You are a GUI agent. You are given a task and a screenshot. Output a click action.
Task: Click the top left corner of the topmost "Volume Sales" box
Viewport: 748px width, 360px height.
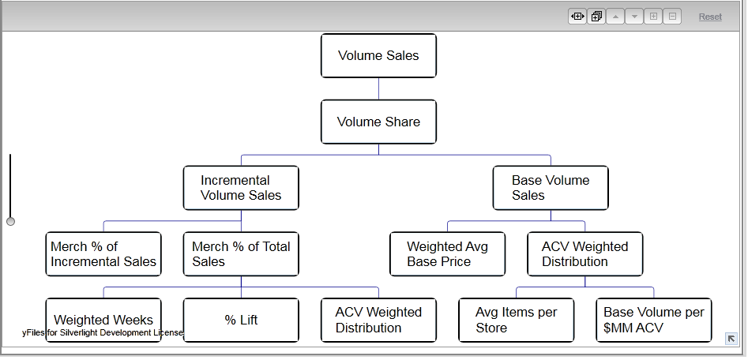[321, 34]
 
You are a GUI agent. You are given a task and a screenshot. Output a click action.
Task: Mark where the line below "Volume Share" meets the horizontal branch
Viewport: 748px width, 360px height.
[379, 155]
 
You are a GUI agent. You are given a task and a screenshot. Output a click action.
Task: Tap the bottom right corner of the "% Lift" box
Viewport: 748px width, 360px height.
[299, 341]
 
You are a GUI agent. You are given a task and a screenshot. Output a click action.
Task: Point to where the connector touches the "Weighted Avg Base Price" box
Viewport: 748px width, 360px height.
[448, 232]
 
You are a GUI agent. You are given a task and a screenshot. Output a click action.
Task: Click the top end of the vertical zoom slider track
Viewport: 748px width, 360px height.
[10, 154]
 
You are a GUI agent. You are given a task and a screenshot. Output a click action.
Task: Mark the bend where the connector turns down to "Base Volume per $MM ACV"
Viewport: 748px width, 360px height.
[653, 287]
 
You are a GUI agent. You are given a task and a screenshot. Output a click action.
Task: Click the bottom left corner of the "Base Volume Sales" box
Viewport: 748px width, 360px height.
[493, 209]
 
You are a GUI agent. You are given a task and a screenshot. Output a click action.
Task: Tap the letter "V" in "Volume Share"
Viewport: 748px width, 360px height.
[341, 122]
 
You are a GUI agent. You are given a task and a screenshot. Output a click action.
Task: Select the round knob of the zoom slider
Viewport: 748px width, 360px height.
[10, 221]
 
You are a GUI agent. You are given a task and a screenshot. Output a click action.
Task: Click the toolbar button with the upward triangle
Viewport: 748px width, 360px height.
[615, 17]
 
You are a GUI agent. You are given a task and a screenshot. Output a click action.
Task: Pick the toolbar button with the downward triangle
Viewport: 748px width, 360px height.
[634, 17]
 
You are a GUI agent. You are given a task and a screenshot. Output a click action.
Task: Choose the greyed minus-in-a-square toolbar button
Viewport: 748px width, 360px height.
[672, 17]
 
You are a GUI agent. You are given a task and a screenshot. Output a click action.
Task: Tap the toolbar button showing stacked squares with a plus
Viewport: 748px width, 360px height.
[596, 17]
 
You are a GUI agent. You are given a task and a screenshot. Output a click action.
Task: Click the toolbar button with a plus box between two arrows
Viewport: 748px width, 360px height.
[577, 17]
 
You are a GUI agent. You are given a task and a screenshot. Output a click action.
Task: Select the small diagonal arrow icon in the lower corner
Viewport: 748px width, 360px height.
[731, 339]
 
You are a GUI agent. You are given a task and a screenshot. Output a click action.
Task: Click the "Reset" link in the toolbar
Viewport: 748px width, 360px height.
[710, 17]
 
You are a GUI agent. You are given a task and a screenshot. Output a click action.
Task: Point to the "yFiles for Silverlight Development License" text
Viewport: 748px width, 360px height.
[103, 332]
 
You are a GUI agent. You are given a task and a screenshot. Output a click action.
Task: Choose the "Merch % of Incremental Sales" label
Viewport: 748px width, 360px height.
[103, 254]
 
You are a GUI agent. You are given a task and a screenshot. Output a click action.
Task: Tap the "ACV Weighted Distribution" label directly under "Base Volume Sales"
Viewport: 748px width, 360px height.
[584, 254]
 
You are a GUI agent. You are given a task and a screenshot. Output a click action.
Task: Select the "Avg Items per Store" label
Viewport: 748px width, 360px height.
[516, 320]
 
